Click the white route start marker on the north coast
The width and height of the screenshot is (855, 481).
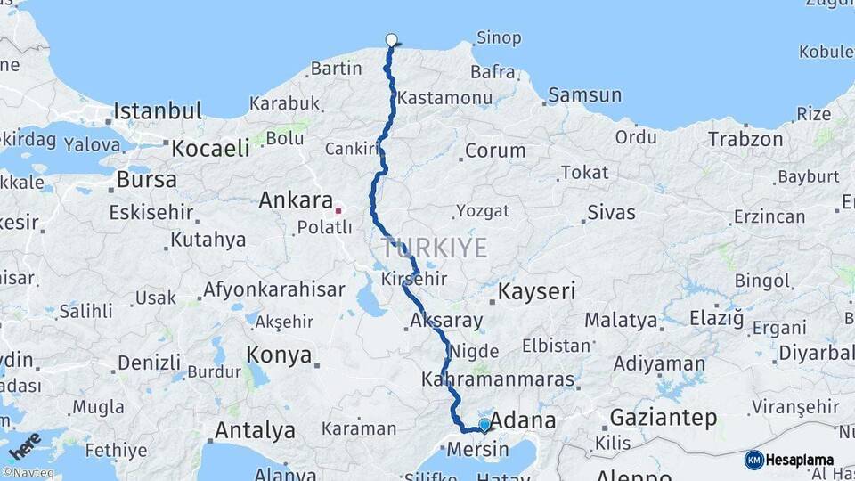click(x=391, y=39)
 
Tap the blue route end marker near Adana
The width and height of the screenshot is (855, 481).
click(x=484, y=425)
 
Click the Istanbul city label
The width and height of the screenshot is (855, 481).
click(x=158, y=111)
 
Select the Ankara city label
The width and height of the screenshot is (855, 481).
click(x=296, y=200)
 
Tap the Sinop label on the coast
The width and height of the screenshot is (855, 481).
click(x=499, y=38)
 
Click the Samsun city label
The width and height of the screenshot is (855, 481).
click(x=584, y=94)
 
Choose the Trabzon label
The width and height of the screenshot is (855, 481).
click(x=745, y=139)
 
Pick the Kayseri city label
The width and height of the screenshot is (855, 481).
click(x=536, y=290)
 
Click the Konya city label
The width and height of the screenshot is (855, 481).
click(x=279, y=355)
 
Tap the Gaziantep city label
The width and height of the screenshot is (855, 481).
click(x=663, y=417)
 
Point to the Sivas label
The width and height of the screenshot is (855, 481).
click(x=611, y=212)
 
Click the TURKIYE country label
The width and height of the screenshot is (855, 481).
click(x=434, y=247)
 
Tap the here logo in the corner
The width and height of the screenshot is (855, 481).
click(x=24, y=444)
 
